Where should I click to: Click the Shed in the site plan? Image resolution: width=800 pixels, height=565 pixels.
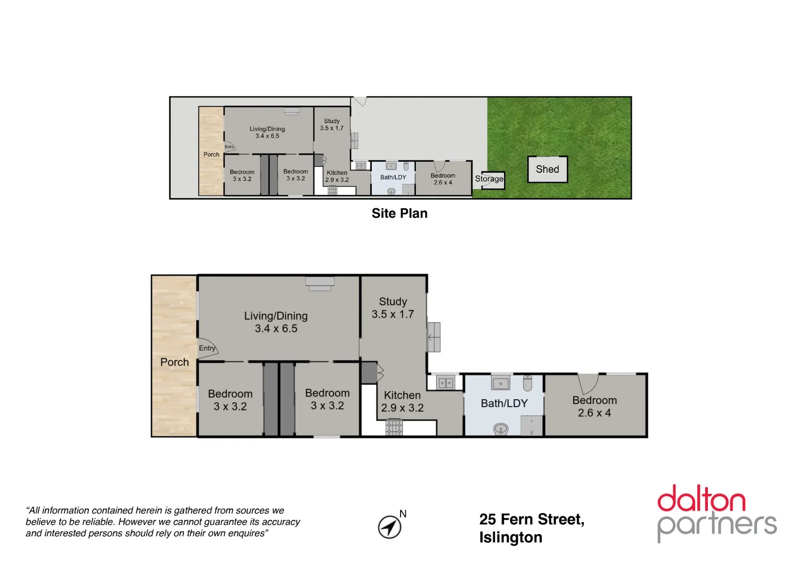tap(547, 169)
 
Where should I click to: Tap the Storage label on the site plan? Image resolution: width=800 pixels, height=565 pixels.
tap(489, 179)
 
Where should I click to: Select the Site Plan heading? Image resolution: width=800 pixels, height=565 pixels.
tap(399, 213)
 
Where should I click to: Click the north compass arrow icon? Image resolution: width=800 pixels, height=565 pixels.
tap(390, 526)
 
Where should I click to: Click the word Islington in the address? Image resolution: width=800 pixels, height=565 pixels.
tap(510, 538)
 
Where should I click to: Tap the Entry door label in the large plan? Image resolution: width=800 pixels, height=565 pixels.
tap(207, 348)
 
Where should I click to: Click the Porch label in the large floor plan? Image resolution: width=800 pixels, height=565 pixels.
tap(174, 362)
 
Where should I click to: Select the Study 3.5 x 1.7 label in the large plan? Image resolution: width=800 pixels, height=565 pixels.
tap(393, 308)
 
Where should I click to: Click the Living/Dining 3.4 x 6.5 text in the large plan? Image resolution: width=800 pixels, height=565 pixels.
tap(276, 322)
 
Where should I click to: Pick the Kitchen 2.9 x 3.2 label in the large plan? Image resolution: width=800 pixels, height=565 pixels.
tap(402, 402)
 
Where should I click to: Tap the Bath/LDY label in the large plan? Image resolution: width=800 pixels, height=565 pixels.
tap(504, 403)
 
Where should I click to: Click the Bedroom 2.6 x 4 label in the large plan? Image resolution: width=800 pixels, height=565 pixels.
tap(594, 406)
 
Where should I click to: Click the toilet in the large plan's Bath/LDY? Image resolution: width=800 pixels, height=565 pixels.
tap(527, 383)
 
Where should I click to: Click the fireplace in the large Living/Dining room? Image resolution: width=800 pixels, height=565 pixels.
tap(320, 283)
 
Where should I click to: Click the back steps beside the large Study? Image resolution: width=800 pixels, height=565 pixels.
tap(434, 337)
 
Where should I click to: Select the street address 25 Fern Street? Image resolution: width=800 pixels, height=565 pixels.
tap(531, 519)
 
